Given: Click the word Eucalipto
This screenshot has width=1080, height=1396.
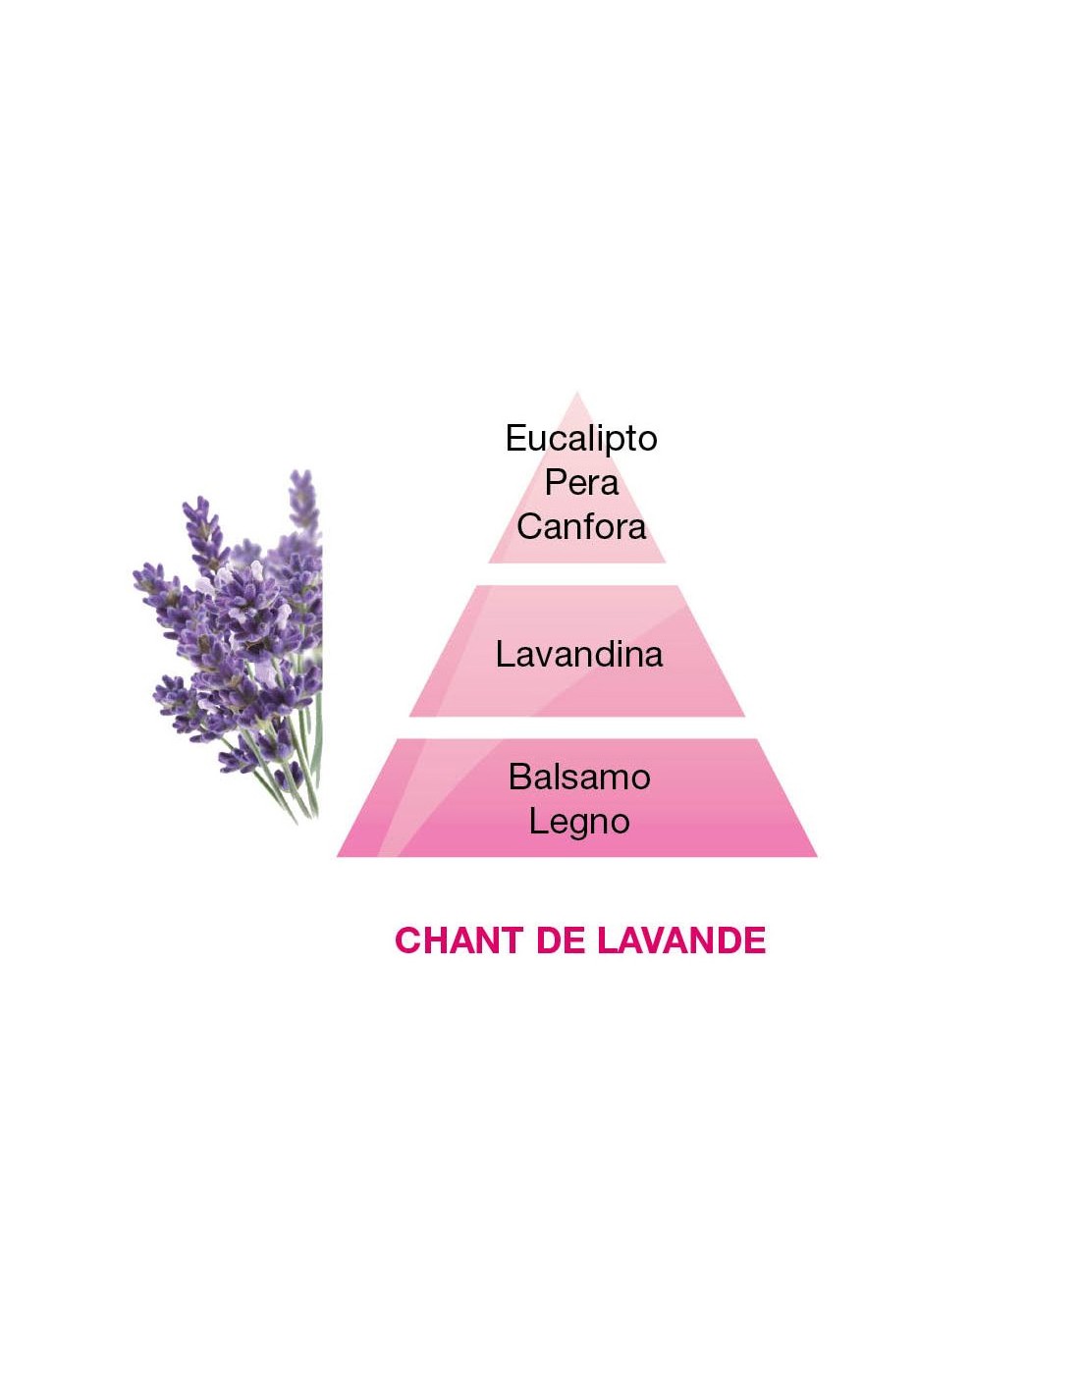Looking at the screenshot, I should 581,439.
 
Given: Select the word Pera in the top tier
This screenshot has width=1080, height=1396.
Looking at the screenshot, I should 581,482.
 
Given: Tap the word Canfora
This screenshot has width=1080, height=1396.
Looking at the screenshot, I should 581,527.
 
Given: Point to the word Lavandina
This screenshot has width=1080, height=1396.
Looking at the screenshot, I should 579,654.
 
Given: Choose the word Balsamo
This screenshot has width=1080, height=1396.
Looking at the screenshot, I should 579,777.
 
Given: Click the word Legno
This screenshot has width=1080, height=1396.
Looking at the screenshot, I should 579,822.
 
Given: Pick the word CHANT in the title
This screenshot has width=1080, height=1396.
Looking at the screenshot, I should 458,940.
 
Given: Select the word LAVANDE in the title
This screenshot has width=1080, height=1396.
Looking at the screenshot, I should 681,940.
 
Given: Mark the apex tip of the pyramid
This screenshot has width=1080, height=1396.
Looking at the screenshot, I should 576,395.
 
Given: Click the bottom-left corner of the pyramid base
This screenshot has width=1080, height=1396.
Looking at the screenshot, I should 339,856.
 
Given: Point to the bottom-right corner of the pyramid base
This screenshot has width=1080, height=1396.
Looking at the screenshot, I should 816,856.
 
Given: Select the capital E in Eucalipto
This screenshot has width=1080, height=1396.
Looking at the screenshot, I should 515,438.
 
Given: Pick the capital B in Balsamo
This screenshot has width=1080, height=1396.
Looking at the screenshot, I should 519,777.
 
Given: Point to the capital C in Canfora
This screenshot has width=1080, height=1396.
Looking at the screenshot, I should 529,527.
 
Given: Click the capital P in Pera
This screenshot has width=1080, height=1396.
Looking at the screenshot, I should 555,482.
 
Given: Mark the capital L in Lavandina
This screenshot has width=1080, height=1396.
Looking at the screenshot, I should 505,654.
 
